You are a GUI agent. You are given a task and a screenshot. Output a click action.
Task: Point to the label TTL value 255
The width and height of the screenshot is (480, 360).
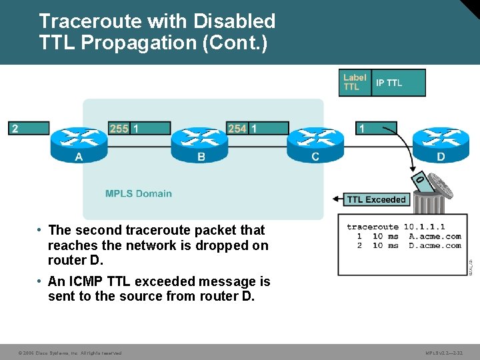[x=119, y=128]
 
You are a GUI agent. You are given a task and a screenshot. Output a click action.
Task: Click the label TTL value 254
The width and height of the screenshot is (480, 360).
[x=237, y=128]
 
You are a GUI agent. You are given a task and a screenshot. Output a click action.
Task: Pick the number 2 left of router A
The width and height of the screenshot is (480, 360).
[x=15, y=128]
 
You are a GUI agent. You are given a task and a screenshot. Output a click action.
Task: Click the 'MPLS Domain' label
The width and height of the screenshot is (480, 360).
[x=138, y=194]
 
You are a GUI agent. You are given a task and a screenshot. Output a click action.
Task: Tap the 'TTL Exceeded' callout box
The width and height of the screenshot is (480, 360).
[x=376, y=199]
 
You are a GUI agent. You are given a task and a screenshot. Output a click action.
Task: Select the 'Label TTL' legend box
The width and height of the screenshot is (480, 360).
[x=354, y=83]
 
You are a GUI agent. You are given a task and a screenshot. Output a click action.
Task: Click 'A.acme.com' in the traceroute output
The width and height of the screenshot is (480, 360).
[x=435, y=236]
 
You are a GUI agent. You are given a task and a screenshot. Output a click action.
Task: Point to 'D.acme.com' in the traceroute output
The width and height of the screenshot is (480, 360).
[x=435, y=245]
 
